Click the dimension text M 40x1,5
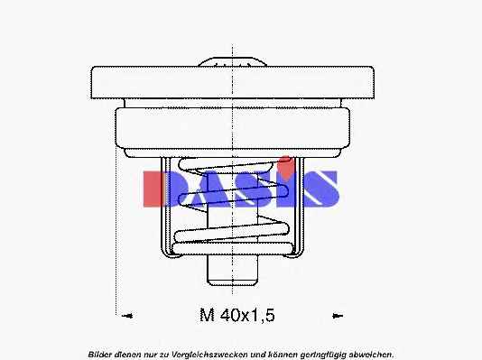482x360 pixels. [237, 315]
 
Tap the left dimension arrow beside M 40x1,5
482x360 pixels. [127, 316]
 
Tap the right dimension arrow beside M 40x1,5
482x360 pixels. [338, 316]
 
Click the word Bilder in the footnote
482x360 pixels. [100, 355]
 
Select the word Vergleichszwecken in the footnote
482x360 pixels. [209, 355]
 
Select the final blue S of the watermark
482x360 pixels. [320, 189]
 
